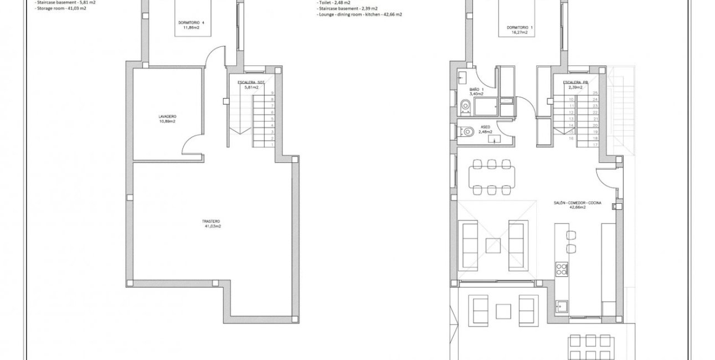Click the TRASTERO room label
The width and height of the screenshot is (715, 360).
point(212,221)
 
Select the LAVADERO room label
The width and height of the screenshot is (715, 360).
point(167,116)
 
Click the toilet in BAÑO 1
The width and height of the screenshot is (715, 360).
point(464,106)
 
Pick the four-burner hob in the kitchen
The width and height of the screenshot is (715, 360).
point(562,269)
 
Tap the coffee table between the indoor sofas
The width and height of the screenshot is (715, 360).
point(493,245)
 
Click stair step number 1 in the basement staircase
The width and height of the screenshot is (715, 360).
point(272,144)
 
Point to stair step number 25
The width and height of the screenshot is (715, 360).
point(595,93)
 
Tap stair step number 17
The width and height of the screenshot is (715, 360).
point(595,144)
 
